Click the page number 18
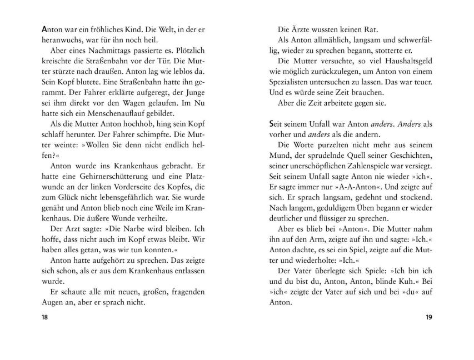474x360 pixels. pyautogui.click(x=38, y=317)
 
